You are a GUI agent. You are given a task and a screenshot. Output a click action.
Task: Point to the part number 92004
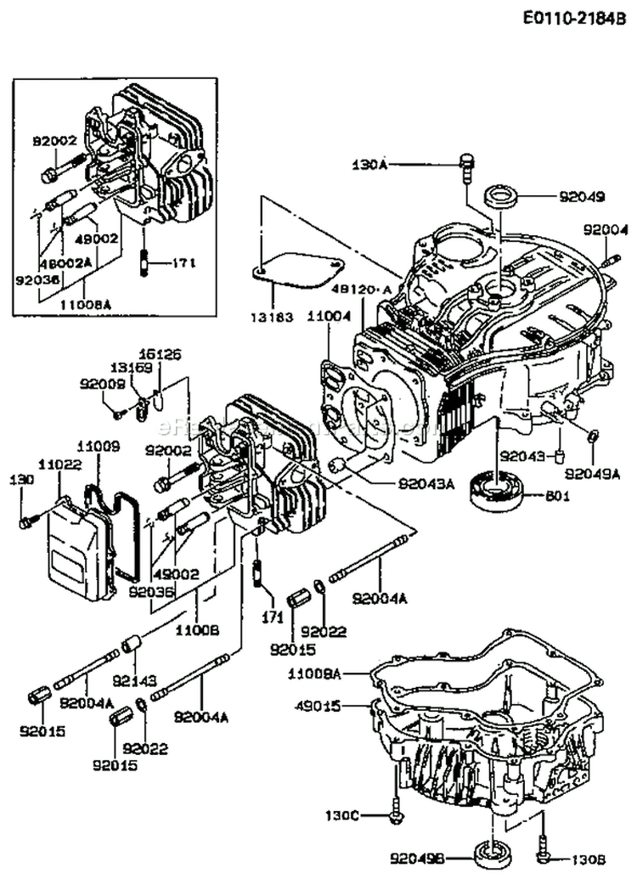coord(605,228)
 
